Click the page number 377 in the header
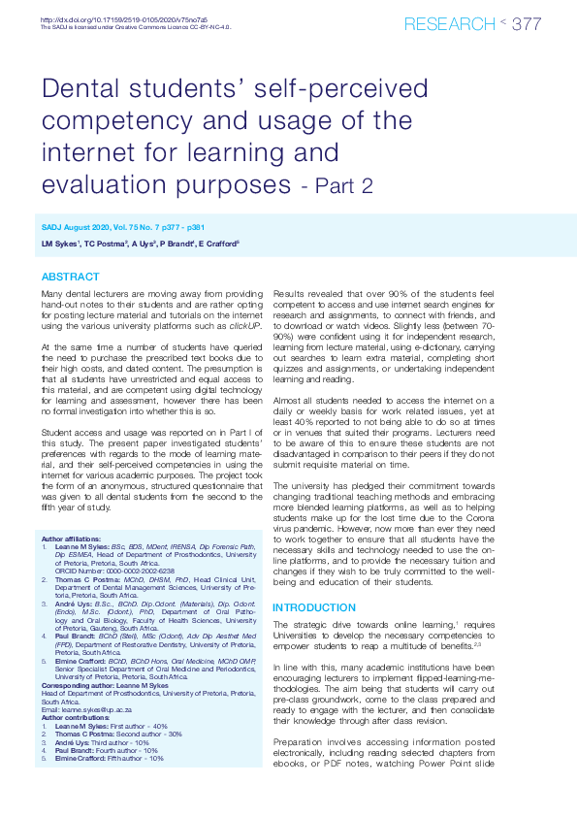pyautogui.click(x=526, y=24)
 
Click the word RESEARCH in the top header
pyautogui.click(x=449, y=24)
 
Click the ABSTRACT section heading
pyautogui.click(x=70, y=277)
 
